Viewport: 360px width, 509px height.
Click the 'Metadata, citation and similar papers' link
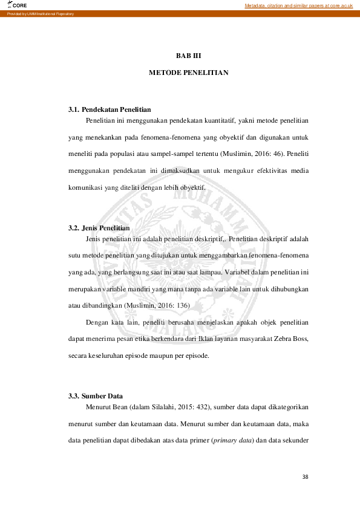[298, 5]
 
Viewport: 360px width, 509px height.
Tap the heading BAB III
[188, 56]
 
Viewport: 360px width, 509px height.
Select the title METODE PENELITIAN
[188, 73]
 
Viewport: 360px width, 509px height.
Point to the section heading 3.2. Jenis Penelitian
[99, 228]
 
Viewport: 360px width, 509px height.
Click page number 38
[306, 477]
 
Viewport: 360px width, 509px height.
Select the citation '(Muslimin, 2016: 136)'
[156, 306]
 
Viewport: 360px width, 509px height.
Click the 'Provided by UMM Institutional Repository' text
[41, 14]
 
